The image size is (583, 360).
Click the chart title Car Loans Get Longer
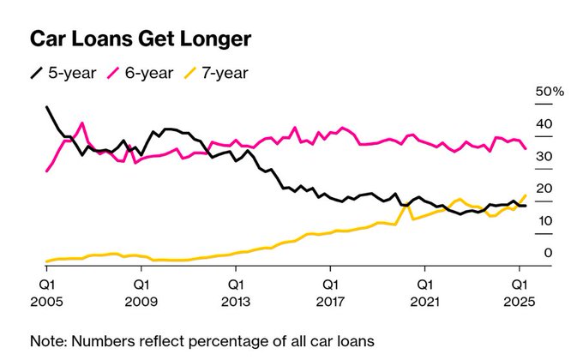141,39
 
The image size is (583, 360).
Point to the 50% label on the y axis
549,91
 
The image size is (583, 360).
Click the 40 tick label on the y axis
543,123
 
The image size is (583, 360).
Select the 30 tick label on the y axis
543,156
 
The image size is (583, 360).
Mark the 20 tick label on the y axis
543,189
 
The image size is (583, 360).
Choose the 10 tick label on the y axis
543,221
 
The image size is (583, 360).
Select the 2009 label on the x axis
141,303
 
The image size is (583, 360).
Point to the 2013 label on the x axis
235,303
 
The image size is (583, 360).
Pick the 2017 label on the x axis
330,303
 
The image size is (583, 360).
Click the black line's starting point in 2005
46,108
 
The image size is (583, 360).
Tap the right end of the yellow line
525,195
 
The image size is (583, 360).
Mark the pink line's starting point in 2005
46,171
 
